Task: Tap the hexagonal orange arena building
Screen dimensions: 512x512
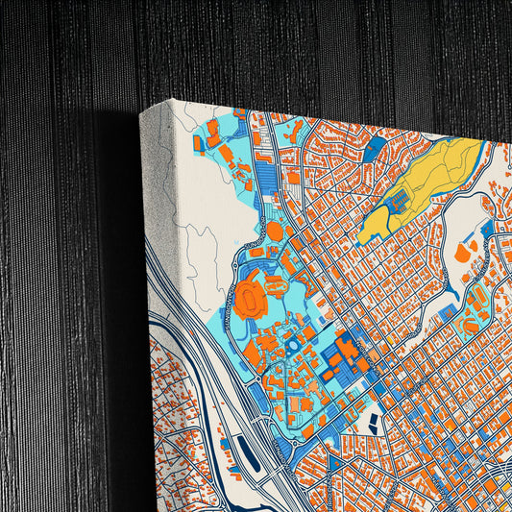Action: pyautogui.click(x=274, y=231)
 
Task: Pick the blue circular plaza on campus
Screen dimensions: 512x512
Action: pyautogui.click(x=290, y=342)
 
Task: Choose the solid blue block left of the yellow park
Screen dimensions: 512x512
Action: pyautogui.click(x=377, y=148)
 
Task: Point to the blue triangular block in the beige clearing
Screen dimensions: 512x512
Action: pyautogui.click(x=486, y=231)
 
